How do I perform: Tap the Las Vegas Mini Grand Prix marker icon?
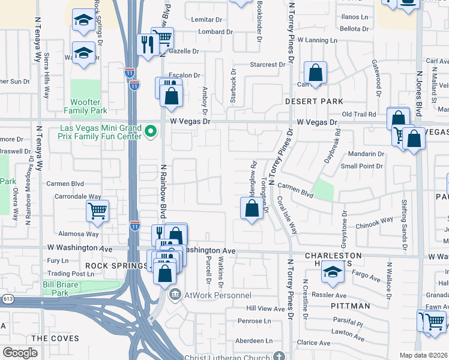[151, 130]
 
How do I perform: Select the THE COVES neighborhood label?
[55, 338]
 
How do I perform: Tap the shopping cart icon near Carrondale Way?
[97, 211]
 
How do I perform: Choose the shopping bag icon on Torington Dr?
[252, 209]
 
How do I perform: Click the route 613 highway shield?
[7, 298]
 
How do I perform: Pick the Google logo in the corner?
[20, 353]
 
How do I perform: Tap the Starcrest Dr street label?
[268, 65]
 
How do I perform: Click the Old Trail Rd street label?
[358, 114]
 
